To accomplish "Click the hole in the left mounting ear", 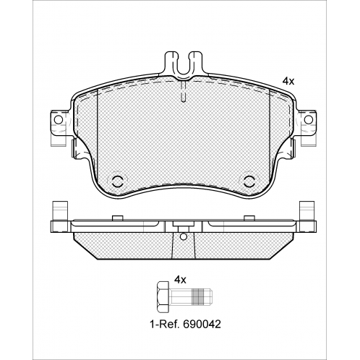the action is click(58, 119).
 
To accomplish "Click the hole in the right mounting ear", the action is click(308, 119).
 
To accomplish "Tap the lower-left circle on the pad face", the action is click(116, 181).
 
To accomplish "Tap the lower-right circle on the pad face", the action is click(249, 181).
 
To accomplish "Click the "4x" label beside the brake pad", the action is click(288, 82).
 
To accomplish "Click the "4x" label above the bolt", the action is click(180, 280).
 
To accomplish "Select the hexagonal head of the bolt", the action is click(163, 296).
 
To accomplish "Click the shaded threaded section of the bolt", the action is click(197, 296).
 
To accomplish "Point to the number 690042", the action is click(202, 325).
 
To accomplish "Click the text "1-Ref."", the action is click(165, 325).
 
